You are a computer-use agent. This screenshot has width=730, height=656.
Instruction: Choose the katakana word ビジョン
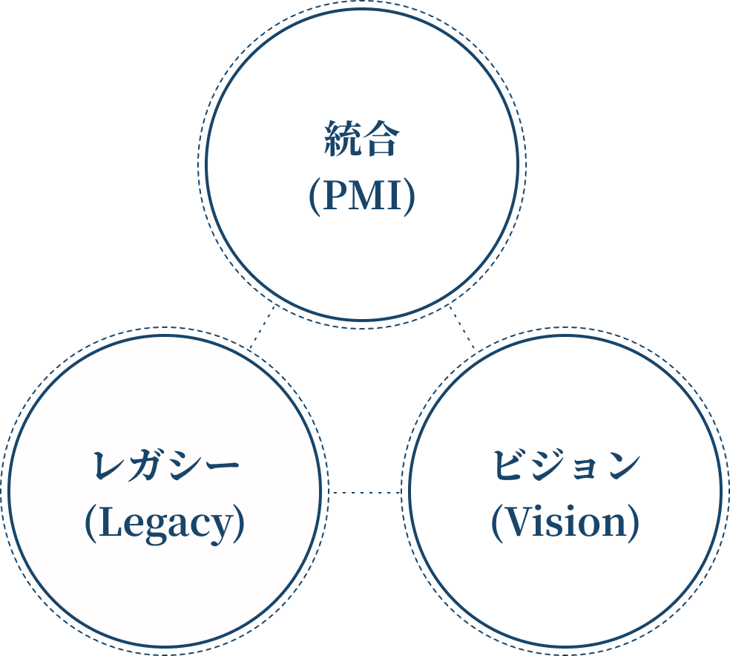pyautogui.click(x=565, y=466)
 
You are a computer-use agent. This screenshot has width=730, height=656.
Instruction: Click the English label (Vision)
pyautogui.click(x=565, y=523)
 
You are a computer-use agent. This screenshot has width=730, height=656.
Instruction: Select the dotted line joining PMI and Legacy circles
pyautogui.click(x=263, y=327)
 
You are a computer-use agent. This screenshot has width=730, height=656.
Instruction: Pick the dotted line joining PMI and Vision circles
pyautogui.click(x=461, y=327)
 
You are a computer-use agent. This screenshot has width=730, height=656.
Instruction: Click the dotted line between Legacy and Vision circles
pyautogui.click(x=365, y=492)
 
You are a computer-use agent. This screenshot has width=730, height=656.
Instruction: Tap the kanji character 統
pyautogui.click(x=343, y=140)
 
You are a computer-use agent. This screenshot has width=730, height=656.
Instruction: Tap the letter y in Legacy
pyautogui.click(x=225, y=527)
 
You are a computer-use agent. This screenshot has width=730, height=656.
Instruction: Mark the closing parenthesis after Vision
pyautogui.click(x=633, y=523)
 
